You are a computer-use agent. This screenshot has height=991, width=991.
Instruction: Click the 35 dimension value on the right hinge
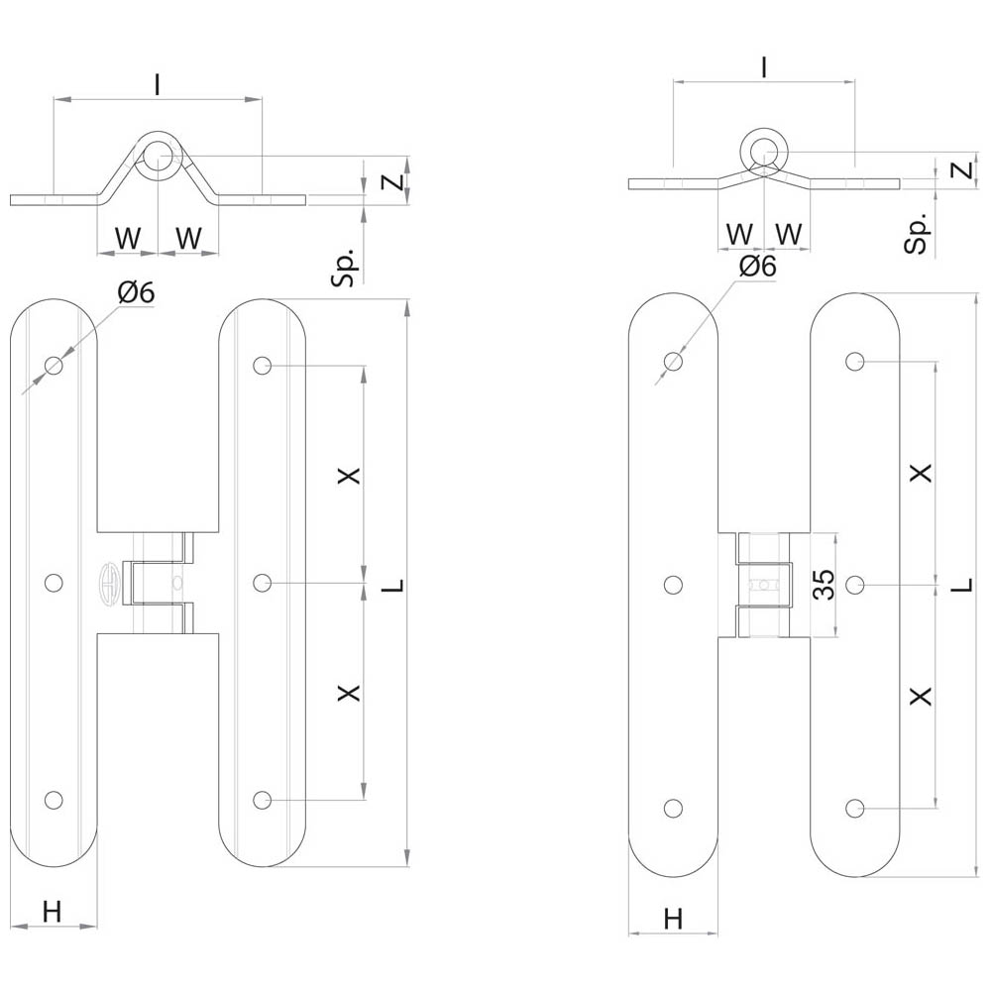825,585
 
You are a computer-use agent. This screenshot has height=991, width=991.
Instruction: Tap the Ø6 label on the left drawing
136,292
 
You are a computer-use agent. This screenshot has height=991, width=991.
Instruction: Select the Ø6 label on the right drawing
757,266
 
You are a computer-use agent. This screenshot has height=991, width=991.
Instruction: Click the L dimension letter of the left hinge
393,586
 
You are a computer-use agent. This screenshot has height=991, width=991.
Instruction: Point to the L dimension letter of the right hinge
962,586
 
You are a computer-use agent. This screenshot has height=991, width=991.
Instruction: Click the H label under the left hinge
52,912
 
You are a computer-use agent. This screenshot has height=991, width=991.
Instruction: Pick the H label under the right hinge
674,919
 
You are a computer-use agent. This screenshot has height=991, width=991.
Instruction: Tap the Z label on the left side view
393,182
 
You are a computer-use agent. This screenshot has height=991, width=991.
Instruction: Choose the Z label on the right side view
962,170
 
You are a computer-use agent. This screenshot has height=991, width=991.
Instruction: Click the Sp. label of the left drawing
345,268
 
